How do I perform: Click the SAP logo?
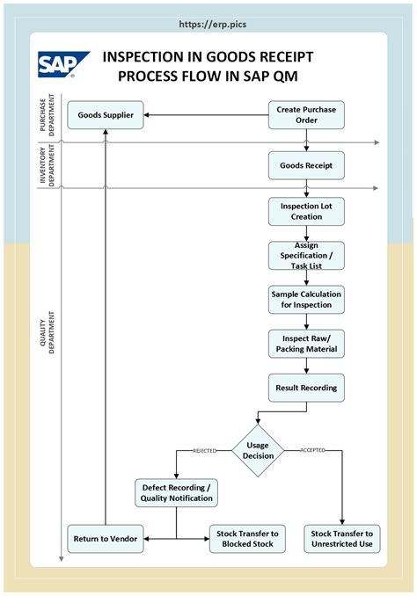pyautogui.click(x=63, y=65)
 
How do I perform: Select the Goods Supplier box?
pyautogui.click(x=106, y=115)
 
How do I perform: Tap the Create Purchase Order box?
pyautogui.click(x=306, y=114)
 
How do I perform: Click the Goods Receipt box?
pyautogui.click(x=306, y=164)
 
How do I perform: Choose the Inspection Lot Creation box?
pyautogui.click(x=306, y=211)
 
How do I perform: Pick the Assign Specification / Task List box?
pyautogui.click(x=306, y=255)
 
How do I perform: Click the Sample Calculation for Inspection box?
pyautogui.click(x=306, y=299)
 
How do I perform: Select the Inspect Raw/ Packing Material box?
pyautogui.click(x=306, y=344)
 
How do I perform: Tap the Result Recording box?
pyautogui.click(x=306, y=387)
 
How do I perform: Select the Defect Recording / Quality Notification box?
pyautogui.click(x=176, y=492)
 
